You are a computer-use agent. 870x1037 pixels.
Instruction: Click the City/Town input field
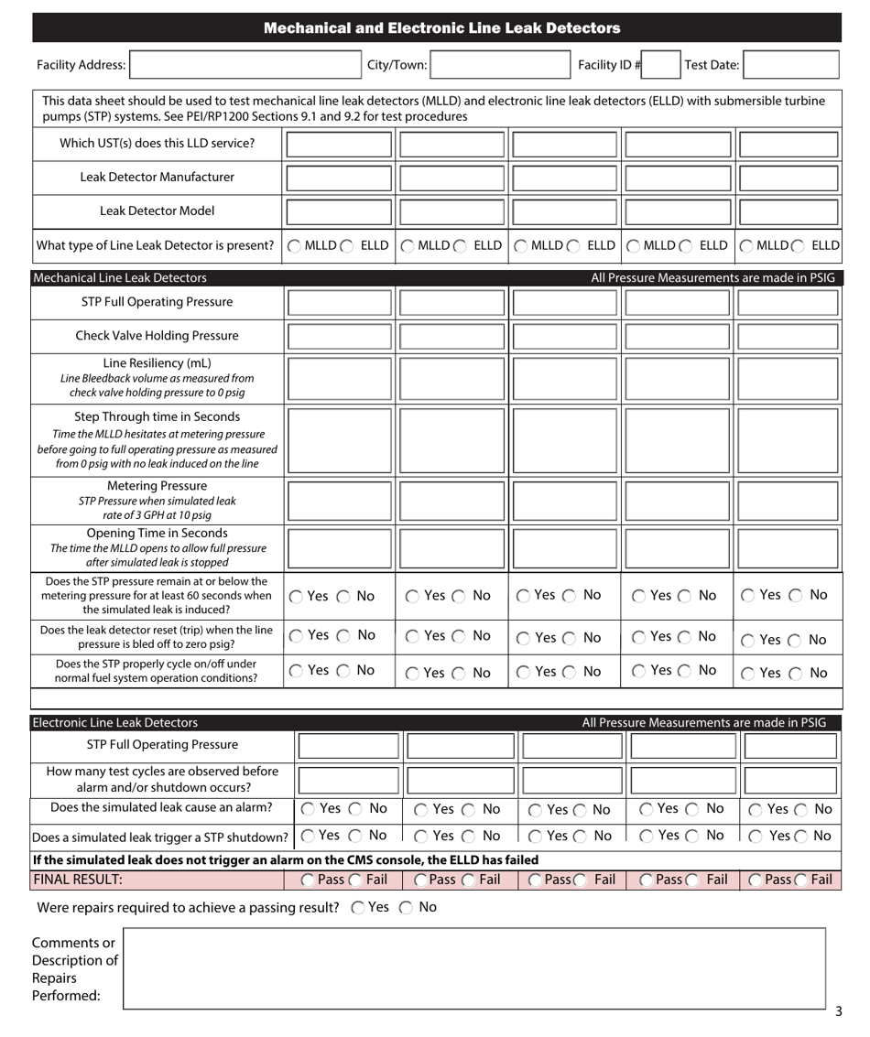pyautogui.click(x=470, y=65)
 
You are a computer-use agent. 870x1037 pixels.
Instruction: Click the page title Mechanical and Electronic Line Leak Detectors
pyautogui.click(x=434, y=28)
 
